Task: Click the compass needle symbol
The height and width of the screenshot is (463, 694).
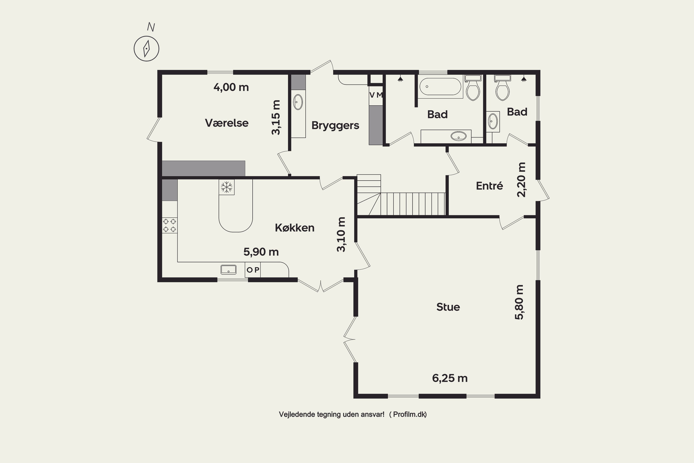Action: [146, 49]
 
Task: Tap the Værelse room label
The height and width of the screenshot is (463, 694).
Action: [227, 123]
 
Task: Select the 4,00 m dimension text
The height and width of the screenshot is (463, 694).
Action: [231, 88]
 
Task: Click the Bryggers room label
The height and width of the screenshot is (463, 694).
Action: [335, 125]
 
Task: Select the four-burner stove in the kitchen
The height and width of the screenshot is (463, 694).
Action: [170, 225]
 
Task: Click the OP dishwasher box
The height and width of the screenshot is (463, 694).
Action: [253, 270]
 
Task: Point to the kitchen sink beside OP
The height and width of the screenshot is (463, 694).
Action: [228, 270]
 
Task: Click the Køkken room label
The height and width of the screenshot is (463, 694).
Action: [294, 228]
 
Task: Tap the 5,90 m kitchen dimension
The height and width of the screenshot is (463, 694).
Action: [261, 252]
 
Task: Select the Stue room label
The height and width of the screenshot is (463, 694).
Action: [448, 307]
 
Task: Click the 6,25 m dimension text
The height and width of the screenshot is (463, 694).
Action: [450, 378]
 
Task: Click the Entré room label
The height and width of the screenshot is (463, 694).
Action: [489, 186]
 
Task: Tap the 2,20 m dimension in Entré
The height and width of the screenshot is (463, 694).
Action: [521, 180]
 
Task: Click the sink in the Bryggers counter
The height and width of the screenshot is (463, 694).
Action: [298, 102]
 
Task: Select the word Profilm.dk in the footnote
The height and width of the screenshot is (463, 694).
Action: [409, 414]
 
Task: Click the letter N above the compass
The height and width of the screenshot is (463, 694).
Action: [151, 27]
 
